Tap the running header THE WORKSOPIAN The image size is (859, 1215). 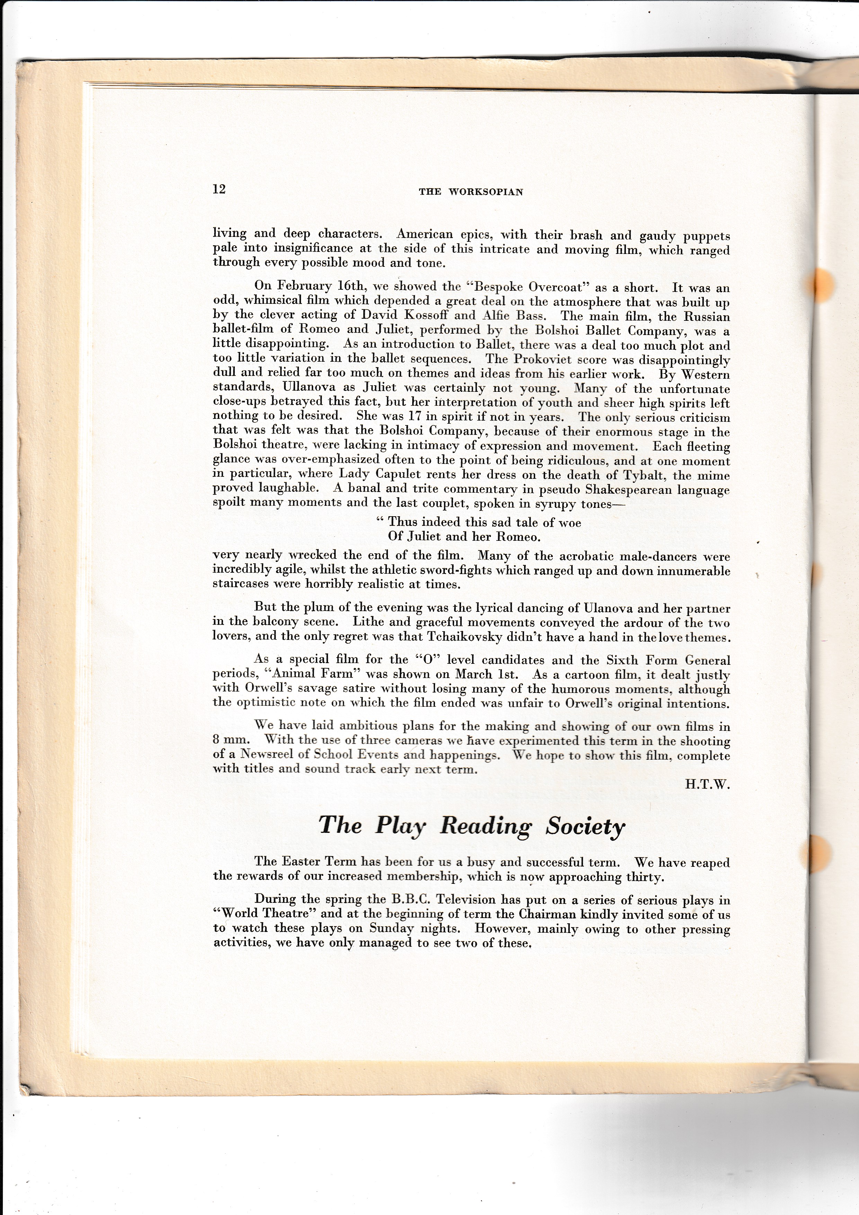pos(471,192)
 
